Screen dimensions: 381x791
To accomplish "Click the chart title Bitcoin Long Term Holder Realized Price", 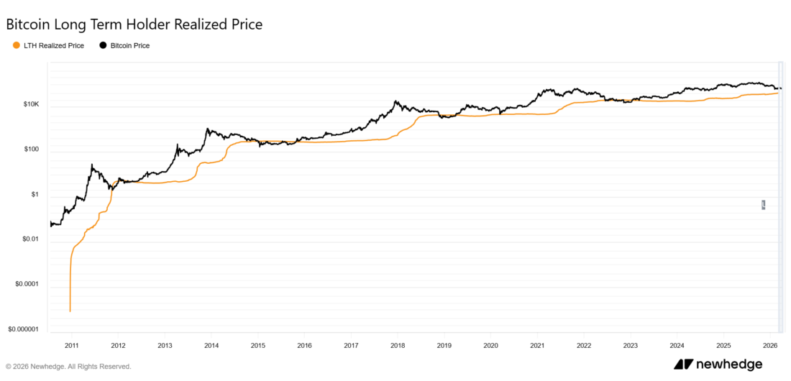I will (x=134, y=24).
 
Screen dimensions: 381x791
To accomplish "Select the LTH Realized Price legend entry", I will (x=54, y=46).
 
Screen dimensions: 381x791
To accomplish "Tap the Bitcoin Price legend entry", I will (x=130, y=46).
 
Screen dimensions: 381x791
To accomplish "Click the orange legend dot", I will (x=17, y=46).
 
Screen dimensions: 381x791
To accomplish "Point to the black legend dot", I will (x=103, y=46).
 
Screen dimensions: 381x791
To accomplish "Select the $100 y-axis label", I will (x=31, y=150).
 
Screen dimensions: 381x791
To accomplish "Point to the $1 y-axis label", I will (x=35, y=195).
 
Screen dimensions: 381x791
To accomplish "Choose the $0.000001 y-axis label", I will (x=23, y=329).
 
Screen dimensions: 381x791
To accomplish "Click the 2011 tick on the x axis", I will (x=71, y=346).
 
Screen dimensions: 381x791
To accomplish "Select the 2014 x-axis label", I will (x=211, y=346).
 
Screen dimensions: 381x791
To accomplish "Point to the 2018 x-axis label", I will (x=398, y=346).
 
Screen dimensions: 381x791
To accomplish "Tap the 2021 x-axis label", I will (x=537, y=346).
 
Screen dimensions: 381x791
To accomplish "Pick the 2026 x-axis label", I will (x=770, y=346).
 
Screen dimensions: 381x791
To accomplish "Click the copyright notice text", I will (x=68, y=366).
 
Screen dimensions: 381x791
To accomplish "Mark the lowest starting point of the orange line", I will (x=70, y=311).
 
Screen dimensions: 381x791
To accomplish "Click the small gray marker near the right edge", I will (x=763, y=205).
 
